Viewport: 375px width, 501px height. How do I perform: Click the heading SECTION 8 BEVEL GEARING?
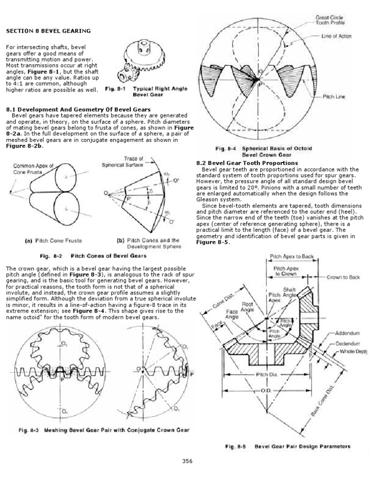pos(48,31)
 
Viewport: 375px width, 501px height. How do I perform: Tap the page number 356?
pos(187,460)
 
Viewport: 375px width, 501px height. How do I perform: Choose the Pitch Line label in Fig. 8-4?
pos(333,97)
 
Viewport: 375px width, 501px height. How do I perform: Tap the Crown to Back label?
pos(343,277)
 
